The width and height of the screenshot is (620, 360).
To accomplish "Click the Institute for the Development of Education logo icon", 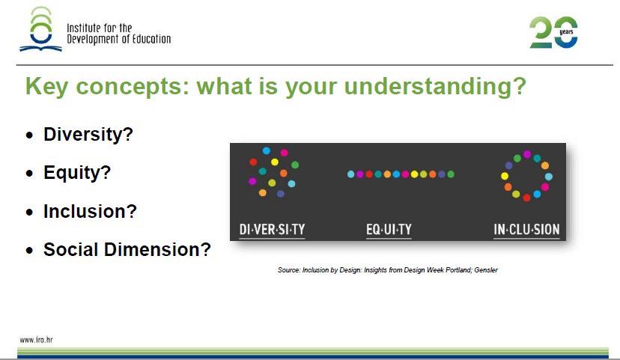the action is (41, 30).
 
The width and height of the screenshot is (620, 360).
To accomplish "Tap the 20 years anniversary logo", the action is (553, 32).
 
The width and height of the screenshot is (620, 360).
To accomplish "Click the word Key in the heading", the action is (46, 87).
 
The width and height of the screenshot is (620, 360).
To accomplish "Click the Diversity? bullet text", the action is (88, 135).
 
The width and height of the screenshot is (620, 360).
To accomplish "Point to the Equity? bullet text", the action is (77, 173).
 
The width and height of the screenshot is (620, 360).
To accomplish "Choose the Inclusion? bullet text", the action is (90, 211).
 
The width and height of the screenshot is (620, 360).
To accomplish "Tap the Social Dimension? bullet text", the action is (127, 249).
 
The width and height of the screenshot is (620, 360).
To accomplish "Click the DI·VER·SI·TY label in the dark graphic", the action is (272, 229).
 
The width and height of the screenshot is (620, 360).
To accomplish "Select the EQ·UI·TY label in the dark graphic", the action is (389, 229).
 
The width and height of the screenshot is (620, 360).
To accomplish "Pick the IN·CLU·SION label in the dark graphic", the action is (526, 229).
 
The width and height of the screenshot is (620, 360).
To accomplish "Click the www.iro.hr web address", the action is (36, 340).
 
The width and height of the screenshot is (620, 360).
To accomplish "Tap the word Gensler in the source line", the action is (486, 270).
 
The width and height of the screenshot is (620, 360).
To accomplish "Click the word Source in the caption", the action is (288, 270).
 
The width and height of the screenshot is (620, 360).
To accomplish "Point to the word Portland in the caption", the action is (459, 270).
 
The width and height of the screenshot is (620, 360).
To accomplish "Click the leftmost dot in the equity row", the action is (350, 174).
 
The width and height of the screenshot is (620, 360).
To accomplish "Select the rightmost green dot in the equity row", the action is (451, 174).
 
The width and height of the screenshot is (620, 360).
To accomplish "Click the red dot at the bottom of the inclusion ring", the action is (526, 198).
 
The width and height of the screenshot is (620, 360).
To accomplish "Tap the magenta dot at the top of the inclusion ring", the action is (527, 154).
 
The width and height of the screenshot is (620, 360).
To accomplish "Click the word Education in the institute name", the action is (151, 39).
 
